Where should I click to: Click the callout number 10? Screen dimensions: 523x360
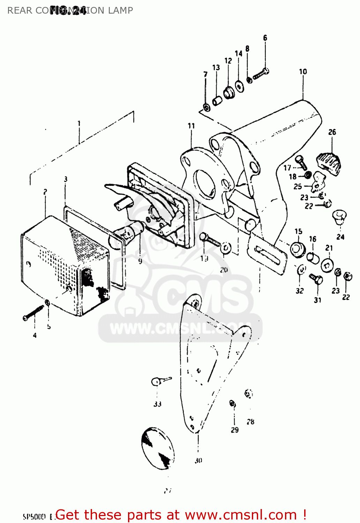pos(303,72)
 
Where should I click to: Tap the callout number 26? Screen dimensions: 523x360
pos(332,132)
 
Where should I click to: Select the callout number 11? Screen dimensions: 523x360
pos(191,126)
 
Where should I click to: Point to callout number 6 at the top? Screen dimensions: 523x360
pos(265,38)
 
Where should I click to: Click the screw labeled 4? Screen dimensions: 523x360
pos(33,313)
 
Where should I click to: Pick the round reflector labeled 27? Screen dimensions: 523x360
pos(157,448)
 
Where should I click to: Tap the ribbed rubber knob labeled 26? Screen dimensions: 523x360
pos(329,162)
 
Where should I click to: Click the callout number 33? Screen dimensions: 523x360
pos(157,404)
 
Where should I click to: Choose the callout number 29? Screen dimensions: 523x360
pos(235,430)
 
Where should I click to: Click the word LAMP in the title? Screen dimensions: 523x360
pos(120,10)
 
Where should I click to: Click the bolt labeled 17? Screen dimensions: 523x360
pos(301,162)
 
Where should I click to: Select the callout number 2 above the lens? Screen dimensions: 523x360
pos(45,192)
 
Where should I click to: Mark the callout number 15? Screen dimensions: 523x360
pos(298,232)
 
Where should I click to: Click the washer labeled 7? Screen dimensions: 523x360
pos(207,107)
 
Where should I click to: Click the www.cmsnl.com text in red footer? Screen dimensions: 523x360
pos(240,515)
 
